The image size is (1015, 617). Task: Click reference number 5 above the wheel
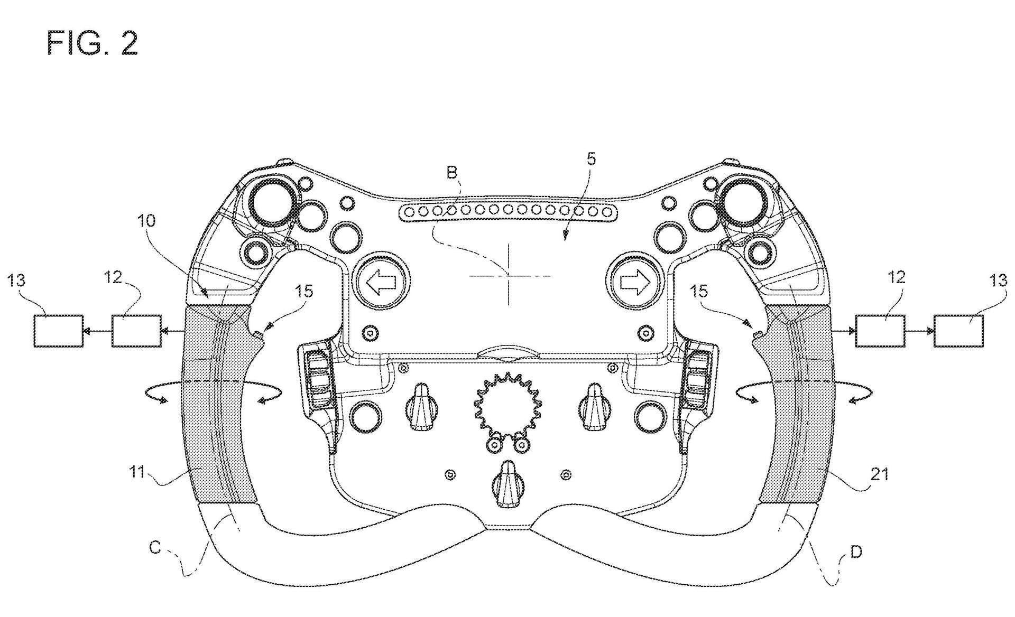click(591, 158)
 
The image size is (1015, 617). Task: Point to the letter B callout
click(451, 172)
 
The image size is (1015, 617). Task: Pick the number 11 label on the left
click(137, 471)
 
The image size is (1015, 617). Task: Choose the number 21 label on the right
click(879, 474)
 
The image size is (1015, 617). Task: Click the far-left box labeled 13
click(59, 331)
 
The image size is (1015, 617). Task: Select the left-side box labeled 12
click(136, 331)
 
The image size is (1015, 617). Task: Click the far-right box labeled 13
click(959, 331)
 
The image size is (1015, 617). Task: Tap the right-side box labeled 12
click(880, 331)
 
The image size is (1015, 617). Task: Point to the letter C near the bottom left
click(155, 548)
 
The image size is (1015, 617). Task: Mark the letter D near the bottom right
click(856, 552)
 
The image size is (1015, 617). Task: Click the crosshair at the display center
click(509, 275)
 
